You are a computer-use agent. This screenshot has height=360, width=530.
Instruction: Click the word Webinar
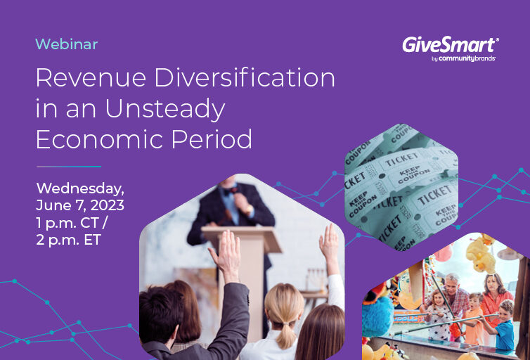point(67,44)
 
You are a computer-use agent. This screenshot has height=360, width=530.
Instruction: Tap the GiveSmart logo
point(451,49)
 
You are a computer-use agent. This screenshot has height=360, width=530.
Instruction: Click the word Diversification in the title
point(245,77)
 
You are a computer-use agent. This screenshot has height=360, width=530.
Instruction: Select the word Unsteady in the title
point(165,109)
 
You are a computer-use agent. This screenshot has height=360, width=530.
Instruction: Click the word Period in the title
point(212,139)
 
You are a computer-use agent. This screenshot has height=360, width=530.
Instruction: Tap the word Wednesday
point(80,188)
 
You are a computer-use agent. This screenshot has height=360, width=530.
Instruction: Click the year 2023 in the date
point(107,205)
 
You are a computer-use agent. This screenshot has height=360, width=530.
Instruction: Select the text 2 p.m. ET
point(69,240)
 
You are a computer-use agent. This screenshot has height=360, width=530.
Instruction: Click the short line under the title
point(69,167)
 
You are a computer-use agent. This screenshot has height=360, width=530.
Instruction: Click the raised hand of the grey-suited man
point(226,255)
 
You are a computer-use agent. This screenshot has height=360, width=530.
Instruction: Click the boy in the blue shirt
point(504,326)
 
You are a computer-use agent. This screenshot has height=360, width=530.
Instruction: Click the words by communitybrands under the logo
point(463,58)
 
